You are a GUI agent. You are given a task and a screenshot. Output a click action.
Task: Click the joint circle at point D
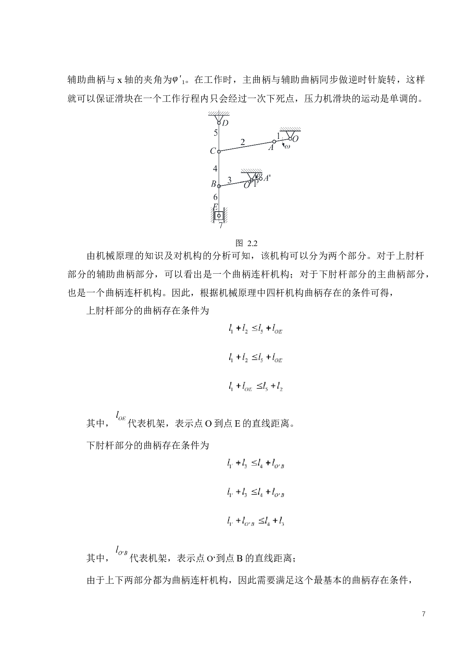coord(219,122)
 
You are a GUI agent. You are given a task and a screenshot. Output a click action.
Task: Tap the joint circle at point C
coord(219,151)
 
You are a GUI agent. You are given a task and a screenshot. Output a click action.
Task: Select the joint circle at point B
coord(219,186)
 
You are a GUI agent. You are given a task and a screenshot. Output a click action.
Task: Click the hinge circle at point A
coord(274,142)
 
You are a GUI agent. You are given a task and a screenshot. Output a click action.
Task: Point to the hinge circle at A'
coord(260,178)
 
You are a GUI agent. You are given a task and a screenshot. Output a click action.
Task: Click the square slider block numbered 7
coord(219,215)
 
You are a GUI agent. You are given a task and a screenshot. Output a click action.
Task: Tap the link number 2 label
coord(243,142)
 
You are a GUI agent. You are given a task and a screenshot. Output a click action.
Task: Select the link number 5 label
coord(216,133)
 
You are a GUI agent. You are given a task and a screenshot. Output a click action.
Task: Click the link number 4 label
coord(215,168)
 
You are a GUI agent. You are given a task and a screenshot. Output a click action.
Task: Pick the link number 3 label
coord(229,180)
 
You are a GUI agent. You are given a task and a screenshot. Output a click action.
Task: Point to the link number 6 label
coord(215,197)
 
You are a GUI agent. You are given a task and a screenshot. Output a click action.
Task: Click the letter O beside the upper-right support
coord(296,139)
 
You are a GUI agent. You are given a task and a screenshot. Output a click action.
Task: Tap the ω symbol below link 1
coord(287,147)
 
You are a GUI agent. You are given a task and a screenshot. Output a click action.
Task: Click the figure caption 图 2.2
coord(246,243)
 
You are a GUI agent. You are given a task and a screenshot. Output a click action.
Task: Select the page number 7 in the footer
coord(423,614)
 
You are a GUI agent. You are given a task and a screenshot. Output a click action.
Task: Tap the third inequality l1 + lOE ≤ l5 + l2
coord(256,387)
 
